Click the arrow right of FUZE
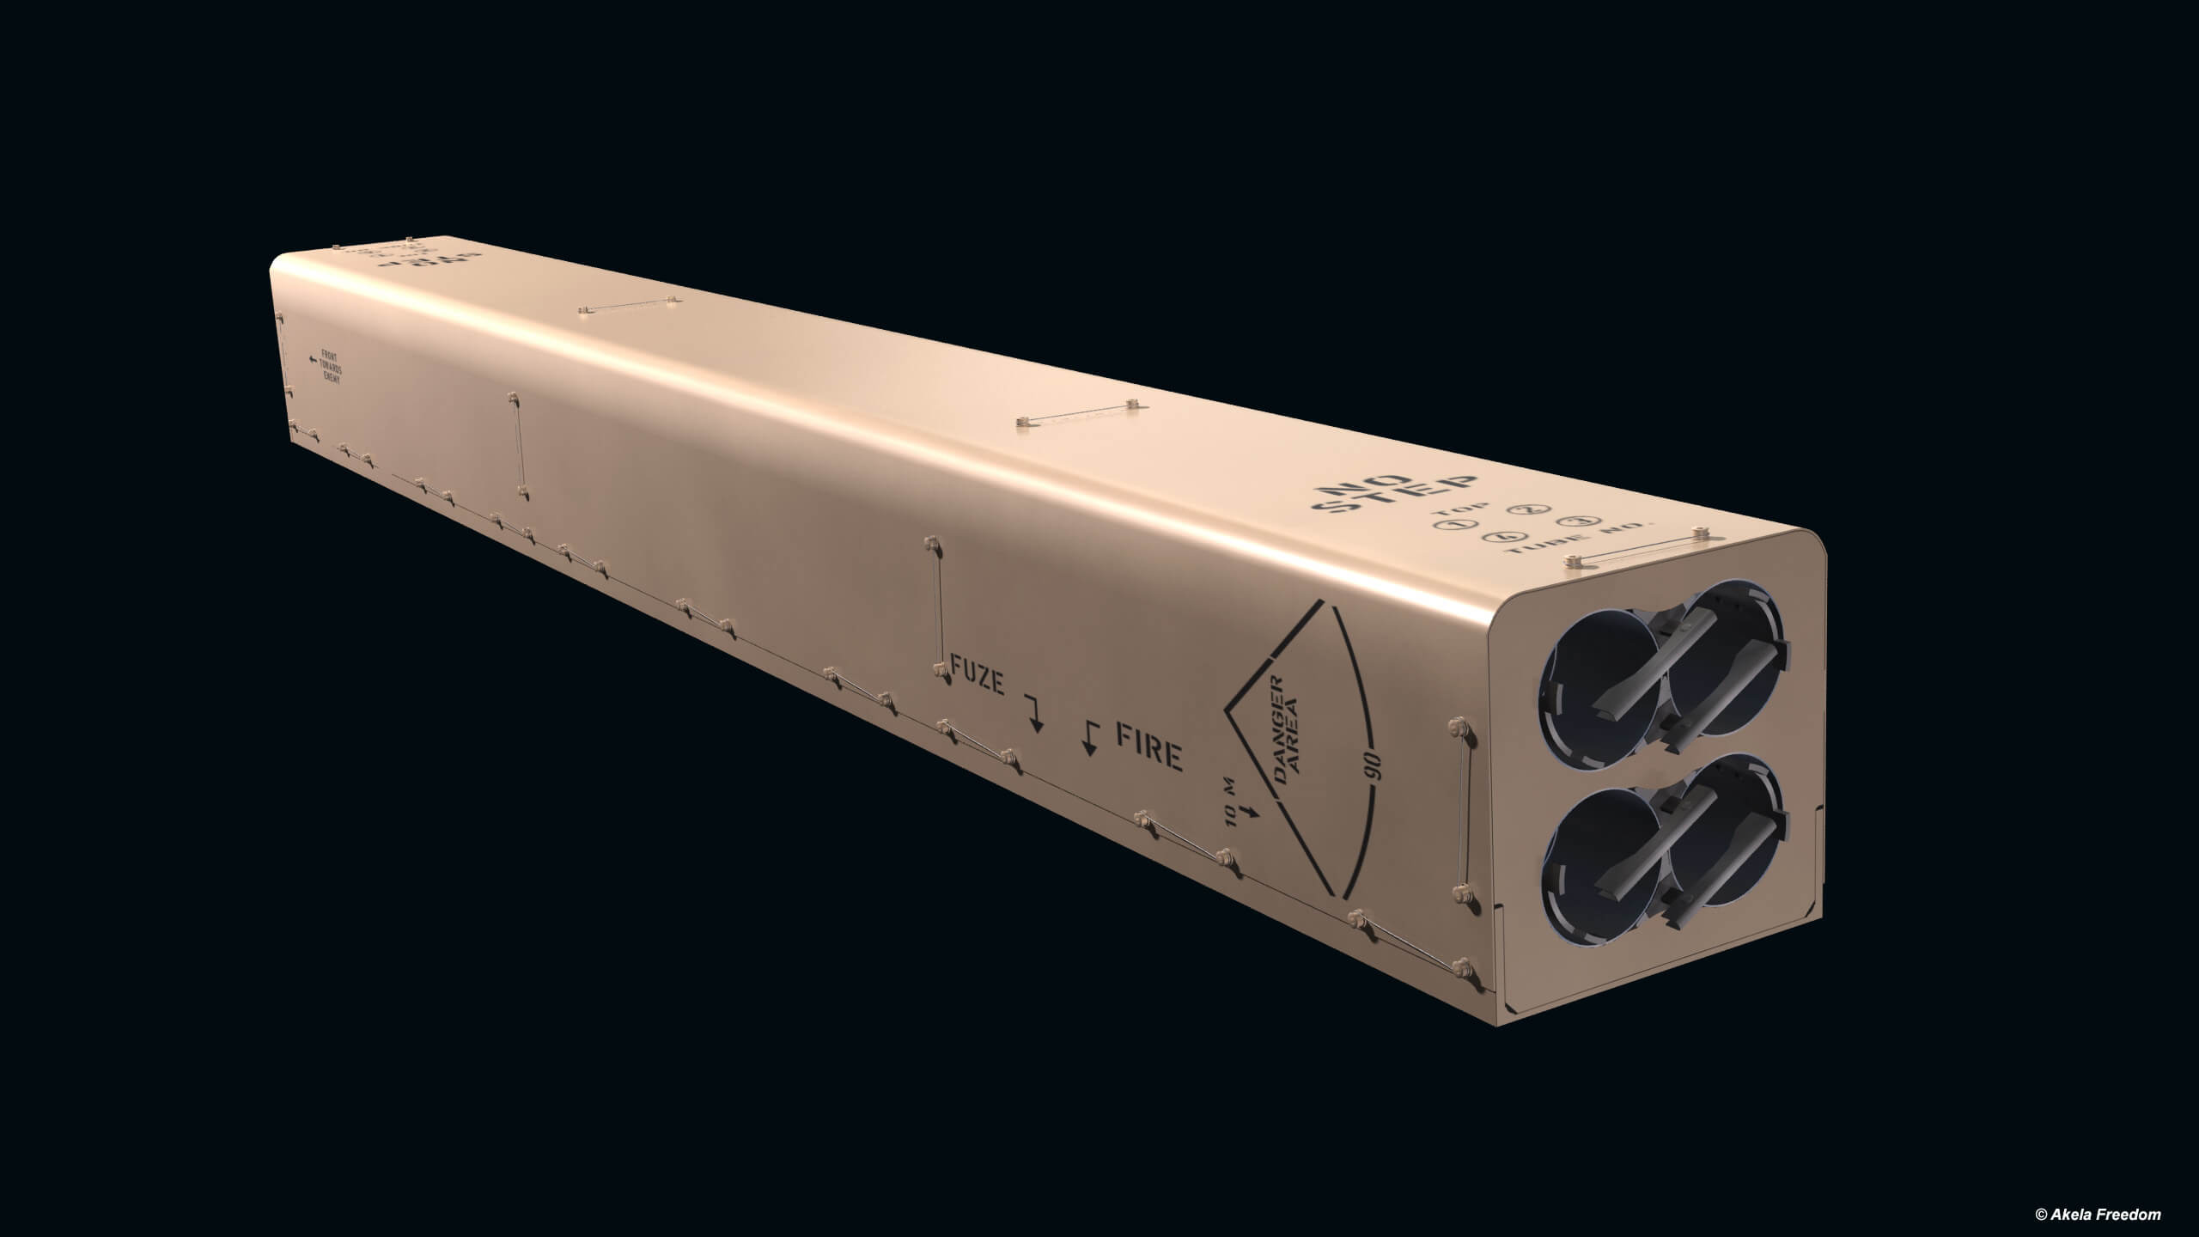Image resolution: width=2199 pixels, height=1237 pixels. coord(1034,713)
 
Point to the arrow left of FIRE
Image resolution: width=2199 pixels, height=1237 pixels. coord(1090,737)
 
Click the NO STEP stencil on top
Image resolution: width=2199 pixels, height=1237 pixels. coord(1392,497)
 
